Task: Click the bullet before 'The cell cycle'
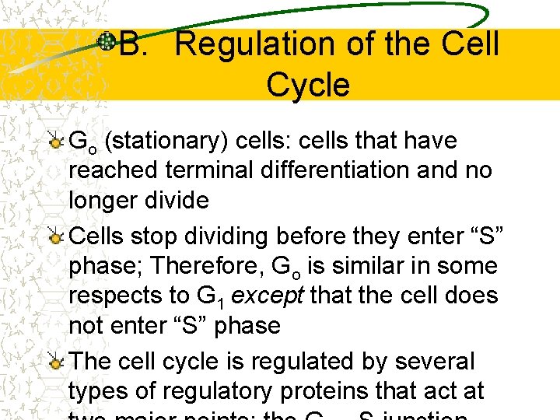56,362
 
